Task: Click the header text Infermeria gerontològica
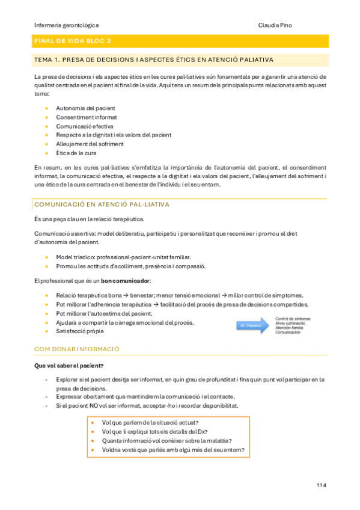(67, 25)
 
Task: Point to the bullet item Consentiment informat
(87, 117)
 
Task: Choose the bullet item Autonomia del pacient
(85, 108)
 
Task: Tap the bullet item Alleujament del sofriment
(90, 144)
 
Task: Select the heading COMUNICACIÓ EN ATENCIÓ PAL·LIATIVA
(102, 204)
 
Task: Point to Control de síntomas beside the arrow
(293, 319)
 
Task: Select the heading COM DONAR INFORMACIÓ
(77, 349)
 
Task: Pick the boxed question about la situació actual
(150, 422)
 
